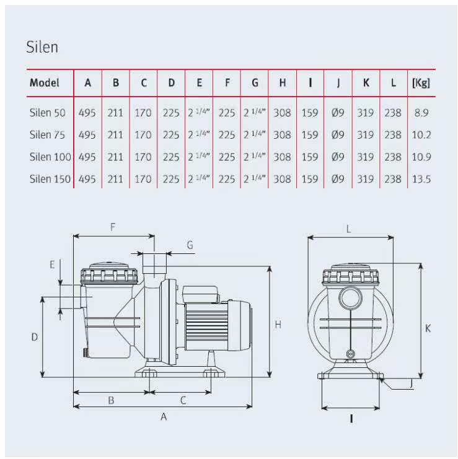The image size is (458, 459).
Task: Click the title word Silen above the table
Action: [42, 47]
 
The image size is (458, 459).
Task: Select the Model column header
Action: [45, 82]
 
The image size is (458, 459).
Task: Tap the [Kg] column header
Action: [421, 82]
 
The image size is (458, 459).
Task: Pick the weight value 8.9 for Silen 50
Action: [421, 113]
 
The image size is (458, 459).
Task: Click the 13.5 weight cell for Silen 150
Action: [421, 180]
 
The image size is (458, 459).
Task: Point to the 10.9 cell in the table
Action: [421, 157]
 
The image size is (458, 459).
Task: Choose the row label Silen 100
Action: [50, 157]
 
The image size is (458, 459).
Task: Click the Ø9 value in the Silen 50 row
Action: [338, 113]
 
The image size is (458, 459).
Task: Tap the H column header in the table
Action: [283, 82]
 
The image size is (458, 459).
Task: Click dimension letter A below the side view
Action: [164, 417]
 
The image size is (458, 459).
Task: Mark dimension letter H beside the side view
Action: [278, 325]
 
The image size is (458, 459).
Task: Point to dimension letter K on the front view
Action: [428, 329]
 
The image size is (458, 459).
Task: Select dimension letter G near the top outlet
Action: [190, 245]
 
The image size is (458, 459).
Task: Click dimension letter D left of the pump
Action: [35, 337]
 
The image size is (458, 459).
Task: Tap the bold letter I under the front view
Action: [351, 419]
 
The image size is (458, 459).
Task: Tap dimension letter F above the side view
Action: [113, 227]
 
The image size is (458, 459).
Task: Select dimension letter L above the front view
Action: [349, 229]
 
